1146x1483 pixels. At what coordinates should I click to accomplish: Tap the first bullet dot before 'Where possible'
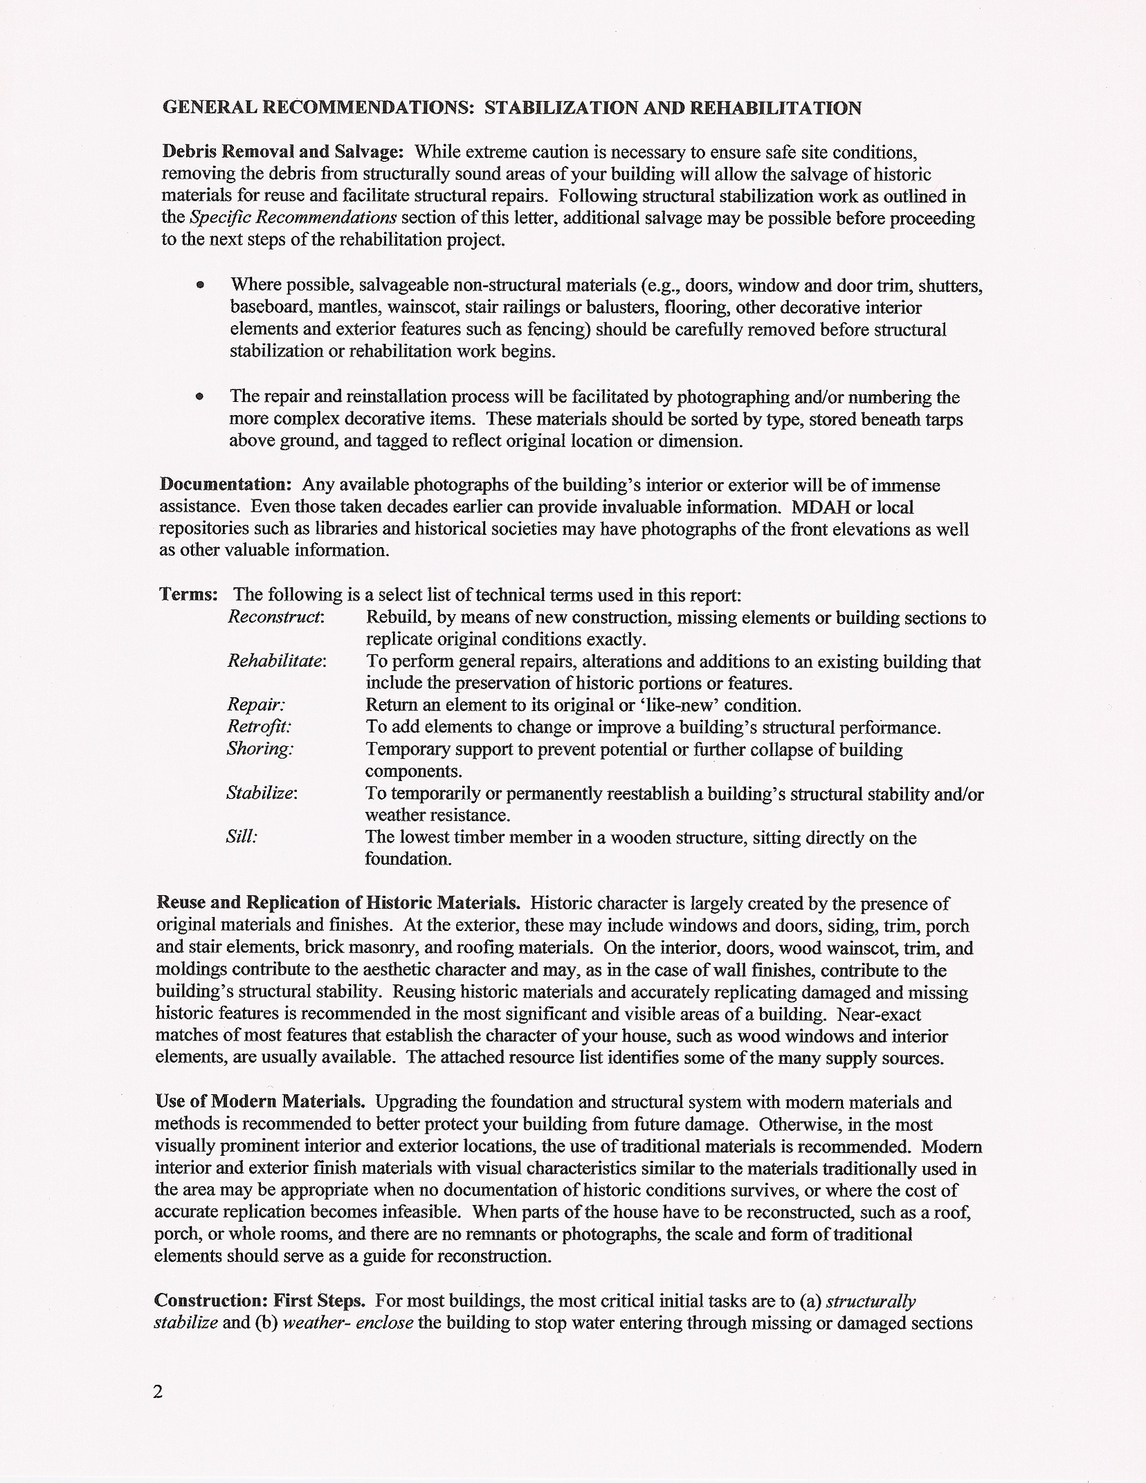click(200, 285)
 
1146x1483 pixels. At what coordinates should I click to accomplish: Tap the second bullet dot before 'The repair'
click(200, 397)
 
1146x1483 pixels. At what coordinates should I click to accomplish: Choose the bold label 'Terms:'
click(189, 594)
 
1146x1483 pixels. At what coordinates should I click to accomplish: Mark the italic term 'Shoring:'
click(260, 749)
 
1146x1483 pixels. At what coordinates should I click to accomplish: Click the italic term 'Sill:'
click(242, 837)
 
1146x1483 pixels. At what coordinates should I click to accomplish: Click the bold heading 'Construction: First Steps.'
click(260, 1300)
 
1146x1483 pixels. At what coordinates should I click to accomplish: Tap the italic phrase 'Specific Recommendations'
click(293, 218)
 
